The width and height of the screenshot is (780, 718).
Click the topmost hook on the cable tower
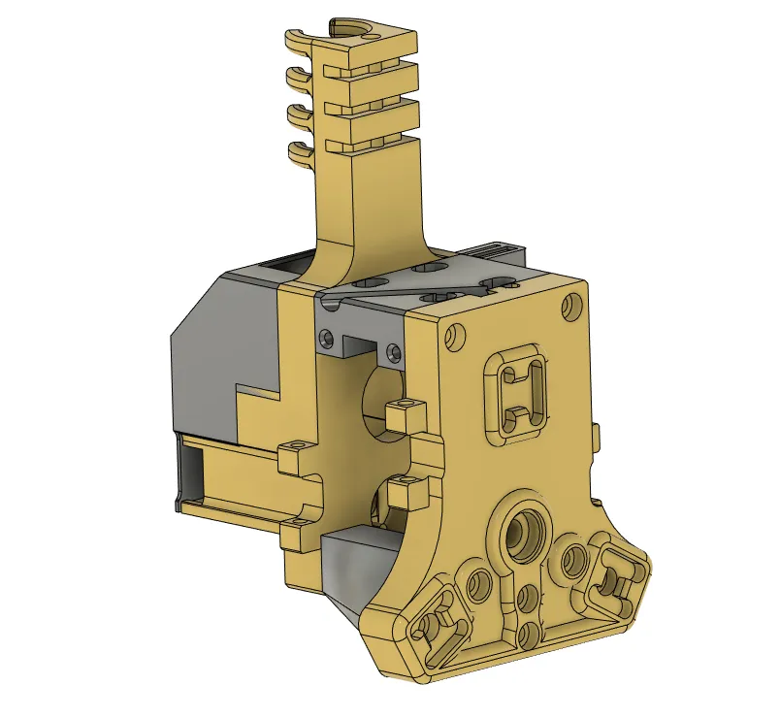click(x=296, y=39)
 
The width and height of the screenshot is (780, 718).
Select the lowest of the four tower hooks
click(x=298, y=151)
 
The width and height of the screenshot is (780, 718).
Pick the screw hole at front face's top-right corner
click(x=572, y=308)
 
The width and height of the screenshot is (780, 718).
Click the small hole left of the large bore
click(x=479, y=584)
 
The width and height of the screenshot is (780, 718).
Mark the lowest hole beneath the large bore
click(x=530, y=636)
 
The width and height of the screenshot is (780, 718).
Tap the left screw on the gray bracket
click(x=325, y=337)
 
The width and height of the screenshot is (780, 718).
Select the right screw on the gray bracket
click(x=393, y=350)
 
